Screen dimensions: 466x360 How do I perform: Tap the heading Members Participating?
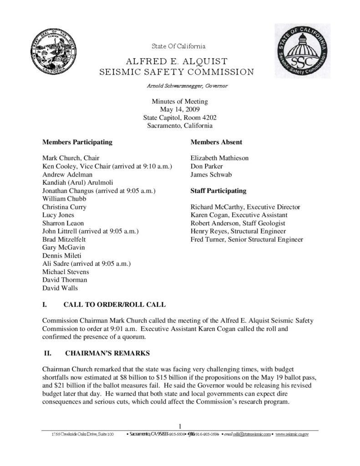(77, 142)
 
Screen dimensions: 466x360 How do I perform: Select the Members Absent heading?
(216, 142)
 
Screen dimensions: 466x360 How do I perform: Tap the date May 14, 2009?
(180, 109)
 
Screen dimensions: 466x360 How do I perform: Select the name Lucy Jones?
(58, 215)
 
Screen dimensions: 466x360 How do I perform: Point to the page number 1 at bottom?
(180, 426)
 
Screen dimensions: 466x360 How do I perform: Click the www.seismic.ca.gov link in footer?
(292, 435)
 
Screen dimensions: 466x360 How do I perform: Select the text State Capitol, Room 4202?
(180, 117)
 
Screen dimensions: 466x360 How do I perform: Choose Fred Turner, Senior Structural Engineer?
(247, 239)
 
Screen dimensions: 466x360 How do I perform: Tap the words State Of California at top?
(178, 46)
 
